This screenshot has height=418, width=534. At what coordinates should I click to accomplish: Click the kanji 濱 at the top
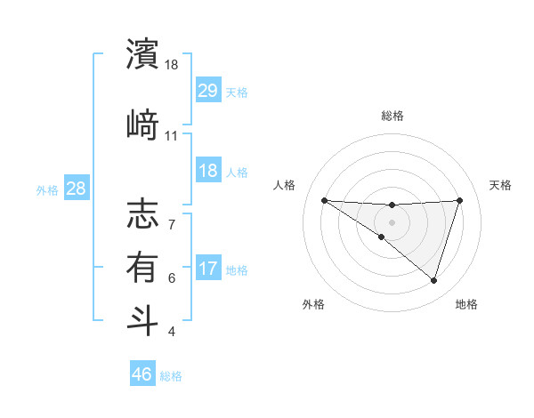[x=143, y=54]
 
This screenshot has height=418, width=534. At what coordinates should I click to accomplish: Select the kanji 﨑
[x=143, y=124]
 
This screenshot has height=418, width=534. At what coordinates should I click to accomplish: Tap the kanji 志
[x=143, y=215]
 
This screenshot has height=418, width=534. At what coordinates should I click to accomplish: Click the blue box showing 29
[x=208, y=91]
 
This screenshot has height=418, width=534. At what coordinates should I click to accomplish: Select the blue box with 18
[x=208, y=171]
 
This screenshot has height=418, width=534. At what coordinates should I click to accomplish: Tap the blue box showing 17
[x=208, y=269]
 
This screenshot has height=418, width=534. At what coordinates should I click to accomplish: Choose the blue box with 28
[x=76, y=189]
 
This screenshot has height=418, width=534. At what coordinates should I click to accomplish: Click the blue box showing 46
[x=142, y=374]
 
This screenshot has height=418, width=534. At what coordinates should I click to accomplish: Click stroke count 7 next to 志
[x=172, y=215]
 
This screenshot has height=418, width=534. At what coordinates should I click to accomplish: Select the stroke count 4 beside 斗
[x=172, y=332]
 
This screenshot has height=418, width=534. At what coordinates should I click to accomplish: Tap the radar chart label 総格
[x=392, y=116]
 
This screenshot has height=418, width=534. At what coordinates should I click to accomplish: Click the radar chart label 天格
[x=501, y=185]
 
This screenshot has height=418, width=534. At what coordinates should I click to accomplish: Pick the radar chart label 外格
[x=313, y=304]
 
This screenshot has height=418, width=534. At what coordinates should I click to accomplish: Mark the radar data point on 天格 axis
[x=460, y=200]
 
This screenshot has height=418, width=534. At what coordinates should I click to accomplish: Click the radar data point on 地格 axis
[x=433, y=281]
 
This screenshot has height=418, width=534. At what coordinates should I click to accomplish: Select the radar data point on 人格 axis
[x=324, y=200]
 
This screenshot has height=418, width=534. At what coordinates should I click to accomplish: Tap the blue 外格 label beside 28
[x=46, y=189]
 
